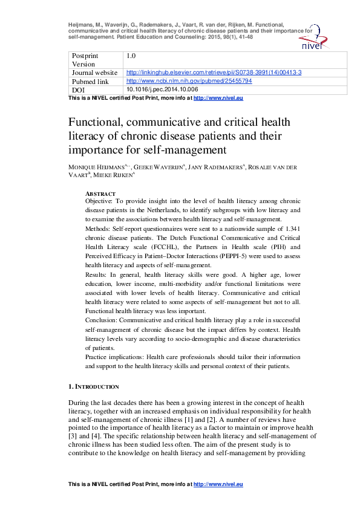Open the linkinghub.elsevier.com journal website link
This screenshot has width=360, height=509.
coord(214,73)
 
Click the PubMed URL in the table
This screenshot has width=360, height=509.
coord(189,80)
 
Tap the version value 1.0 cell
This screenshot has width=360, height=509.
coord(131,56)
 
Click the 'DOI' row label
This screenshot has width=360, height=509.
coord(78,89)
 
